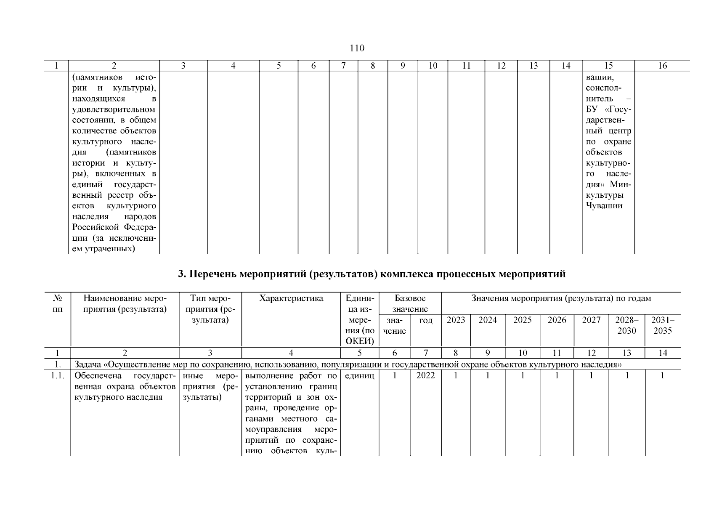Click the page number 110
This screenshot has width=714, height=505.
point(357,48)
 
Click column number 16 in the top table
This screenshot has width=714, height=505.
point(662,66)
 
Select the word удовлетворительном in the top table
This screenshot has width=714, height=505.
point(114,110)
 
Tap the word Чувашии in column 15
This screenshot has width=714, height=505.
point(604,206)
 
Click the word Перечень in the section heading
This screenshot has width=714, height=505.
point(212,274)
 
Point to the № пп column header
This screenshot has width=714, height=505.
point(57,303)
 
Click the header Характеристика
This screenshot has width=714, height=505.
point(291,298)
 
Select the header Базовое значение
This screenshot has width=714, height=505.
point(410,303)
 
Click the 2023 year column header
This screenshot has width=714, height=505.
point(456,320)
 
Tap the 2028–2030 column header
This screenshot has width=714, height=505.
point(626,325)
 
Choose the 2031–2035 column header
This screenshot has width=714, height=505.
point(662,325)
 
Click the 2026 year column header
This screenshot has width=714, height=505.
point(557,320)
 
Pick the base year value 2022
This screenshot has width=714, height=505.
point(425,376)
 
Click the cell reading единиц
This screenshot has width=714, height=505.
point(359,376)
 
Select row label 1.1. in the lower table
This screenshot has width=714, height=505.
point(57,376)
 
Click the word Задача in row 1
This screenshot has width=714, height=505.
point(87,364)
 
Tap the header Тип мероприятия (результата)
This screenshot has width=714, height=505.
point(210,309)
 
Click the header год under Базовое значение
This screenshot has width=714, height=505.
point(426,320)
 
